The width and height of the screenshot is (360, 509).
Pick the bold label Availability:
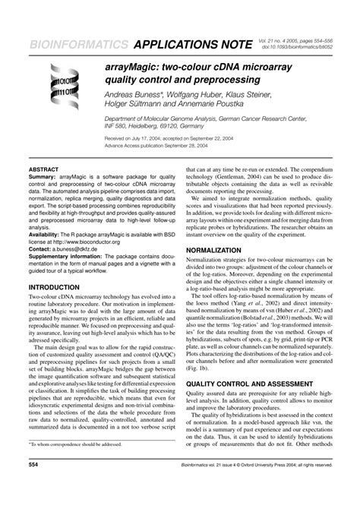49,235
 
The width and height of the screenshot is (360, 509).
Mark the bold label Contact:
42,249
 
